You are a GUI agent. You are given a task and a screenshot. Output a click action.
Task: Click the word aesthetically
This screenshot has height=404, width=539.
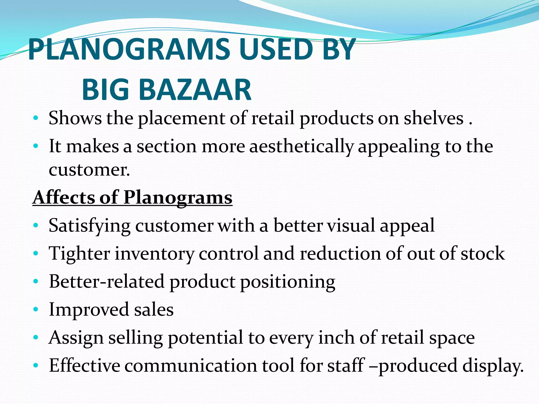(301, 147)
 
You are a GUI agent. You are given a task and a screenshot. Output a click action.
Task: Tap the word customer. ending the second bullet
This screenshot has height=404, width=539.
(89, 170)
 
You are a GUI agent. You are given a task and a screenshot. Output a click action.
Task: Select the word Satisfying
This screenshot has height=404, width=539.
(89, 226)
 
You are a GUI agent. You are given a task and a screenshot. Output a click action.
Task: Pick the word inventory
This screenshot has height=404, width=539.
(154, 254)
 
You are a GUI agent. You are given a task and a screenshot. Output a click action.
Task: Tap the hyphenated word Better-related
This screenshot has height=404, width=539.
(107, 282)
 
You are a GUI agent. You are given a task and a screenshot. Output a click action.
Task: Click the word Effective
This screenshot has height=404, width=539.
(84, 366)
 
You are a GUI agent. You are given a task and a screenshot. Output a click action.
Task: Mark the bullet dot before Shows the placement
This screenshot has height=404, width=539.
(36, 118)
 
